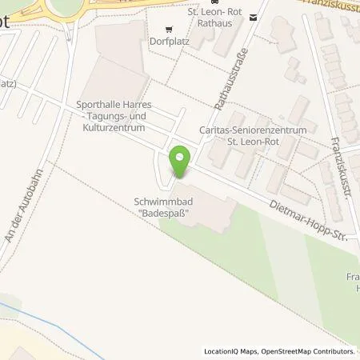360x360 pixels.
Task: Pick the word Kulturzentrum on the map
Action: pyautogui.click(x=130, y=126)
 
